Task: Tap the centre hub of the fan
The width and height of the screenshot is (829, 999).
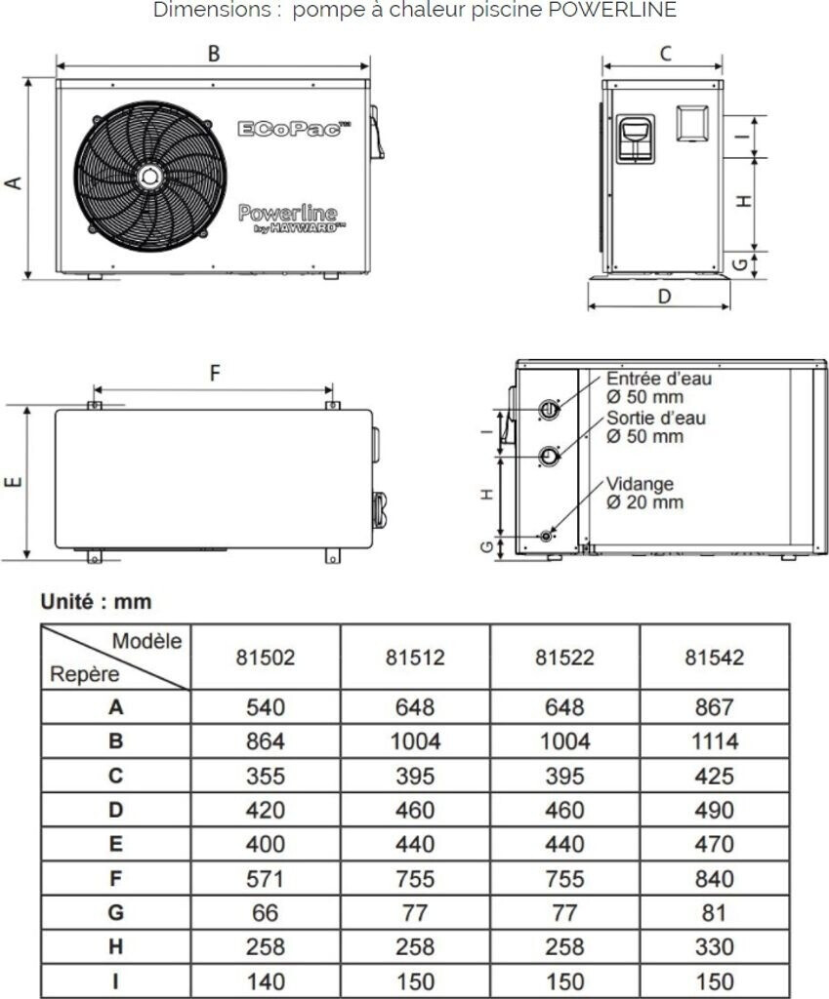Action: coord(149,176)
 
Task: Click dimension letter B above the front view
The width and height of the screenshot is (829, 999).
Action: coord(214,55)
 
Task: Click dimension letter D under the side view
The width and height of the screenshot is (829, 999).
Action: coord(665,296)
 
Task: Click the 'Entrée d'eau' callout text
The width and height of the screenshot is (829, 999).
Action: coord(659,379)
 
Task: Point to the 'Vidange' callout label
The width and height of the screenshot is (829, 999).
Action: coord(640,484)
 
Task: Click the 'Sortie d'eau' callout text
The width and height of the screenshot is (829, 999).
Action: coord(656,418)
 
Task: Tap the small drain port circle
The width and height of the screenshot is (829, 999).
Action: coord(546,535)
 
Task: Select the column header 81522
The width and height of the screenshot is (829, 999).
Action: coord(564,658)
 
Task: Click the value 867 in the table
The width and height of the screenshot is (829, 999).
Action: coord(715,706)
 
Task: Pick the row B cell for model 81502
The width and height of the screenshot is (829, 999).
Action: coord(265,740)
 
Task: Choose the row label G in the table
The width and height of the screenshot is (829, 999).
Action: coord(116,912)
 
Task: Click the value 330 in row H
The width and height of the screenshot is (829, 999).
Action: coord(715,946)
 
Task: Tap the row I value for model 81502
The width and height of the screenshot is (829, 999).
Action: coord(265,980)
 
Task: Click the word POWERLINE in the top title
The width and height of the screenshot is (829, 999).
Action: coord(619,11)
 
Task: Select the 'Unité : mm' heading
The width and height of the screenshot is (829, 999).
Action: coord(96,602)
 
